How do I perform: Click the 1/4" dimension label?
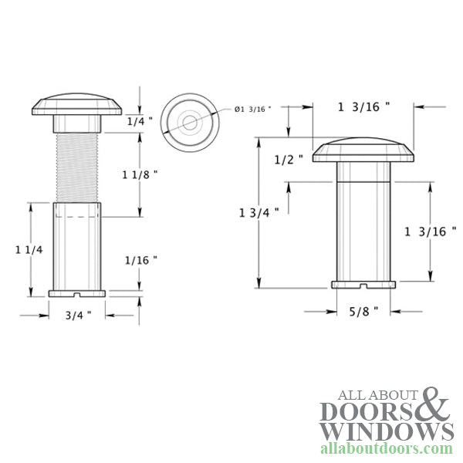(140, 120)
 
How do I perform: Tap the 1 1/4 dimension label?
(28, 248)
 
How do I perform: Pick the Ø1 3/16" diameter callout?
(254, 110)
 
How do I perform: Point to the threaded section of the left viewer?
(77, 167)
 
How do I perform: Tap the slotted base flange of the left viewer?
(77, 292)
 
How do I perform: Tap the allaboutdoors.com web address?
(386, 448)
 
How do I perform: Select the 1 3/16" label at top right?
(363, 107)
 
